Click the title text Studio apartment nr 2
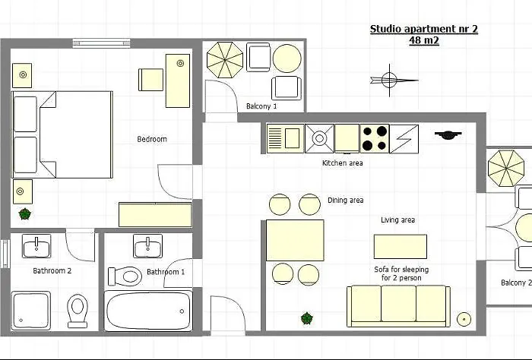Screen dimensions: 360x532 pyautogui.click(x=423, y=30)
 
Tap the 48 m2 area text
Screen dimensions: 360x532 pyautogui.click(x=423, y=41)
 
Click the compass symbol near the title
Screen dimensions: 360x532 pyautogui.click(x=390, y=79)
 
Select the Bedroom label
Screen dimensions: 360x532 pyautogui.click(x=152, y=139)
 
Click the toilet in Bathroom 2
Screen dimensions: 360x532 pyautogui.click(x=78, y=310)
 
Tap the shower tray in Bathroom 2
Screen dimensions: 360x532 pyautogui.click(x=31, y=311)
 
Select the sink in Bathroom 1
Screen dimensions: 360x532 pyautogui.click(x=147, y=246)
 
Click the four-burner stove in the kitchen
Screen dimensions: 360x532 pyautogui.click(x=374, y=138)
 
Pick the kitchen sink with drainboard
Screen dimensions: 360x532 pyautogui.click(x=284, y=138)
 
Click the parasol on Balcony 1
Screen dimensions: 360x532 pyautogui.click(x=225, y=59)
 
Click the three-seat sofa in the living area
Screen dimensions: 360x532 pyautogui.click(x=398, y=306)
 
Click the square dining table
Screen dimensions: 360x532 pyautogui.click(x=295, y=240)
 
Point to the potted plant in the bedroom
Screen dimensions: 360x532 pyautogui.click(x=25, y=214)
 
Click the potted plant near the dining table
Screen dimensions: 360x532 pyautogui.click(x=307, y=317)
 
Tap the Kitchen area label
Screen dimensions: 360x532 pyautogui.click(x=342, y=163)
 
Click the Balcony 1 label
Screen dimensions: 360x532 pyautogui.click(x=261, y=106)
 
